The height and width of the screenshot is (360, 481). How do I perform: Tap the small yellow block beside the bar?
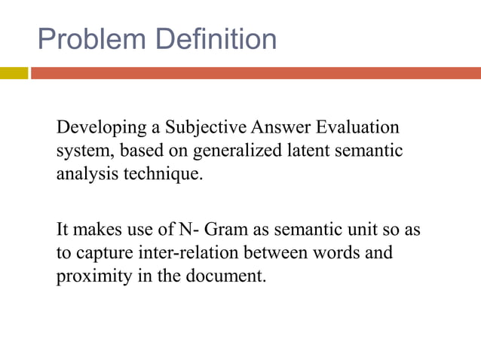pos(14,73)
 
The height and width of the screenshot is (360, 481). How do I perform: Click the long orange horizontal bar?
pos(256,73)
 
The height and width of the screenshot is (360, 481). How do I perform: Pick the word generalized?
pos(238,151)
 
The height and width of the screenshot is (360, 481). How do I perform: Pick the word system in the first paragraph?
pos(82,151)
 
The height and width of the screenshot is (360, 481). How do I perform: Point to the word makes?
pos(97,228)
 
